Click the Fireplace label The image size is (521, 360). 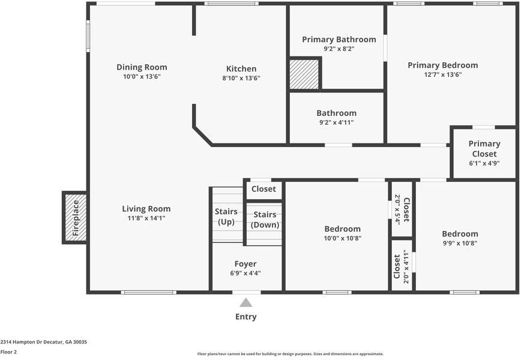tap(76, 218)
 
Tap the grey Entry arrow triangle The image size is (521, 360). tap(246, 302)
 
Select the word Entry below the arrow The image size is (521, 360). tap(246, 317)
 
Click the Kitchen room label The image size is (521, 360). tap(241, 69)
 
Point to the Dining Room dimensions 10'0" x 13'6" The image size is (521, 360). tap(142, 76)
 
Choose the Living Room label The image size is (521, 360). tap(146, 209)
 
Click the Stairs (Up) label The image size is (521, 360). tap(226, 217)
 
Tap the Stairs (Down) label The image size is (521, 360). tap(265, 220)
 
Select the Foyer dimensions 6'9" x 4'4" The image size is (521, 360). tap(245, 274)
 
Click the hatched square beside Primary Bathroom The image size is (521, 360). tap(304, 74)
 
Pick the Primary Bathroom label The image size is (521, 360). tap(339, 40)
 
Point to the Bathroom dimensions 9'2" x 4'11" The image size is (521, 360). tap(337, 122)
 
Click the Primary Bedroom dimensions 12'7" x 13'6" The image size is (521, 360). tap(443, 74)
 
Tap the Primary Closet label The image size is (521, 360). tap(484, 149)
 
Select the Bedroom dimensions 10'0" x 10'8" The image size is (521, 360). tap(343, 238)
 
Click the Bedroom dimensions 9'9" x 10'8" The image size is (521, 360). tap(460, 243)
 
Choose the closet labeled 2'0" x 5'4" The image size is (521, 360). tap(402, 209)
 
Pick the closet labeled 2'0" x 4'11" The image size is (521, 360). tap(401, 266)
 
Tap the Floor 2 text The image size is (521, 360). tap(8, 352)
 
